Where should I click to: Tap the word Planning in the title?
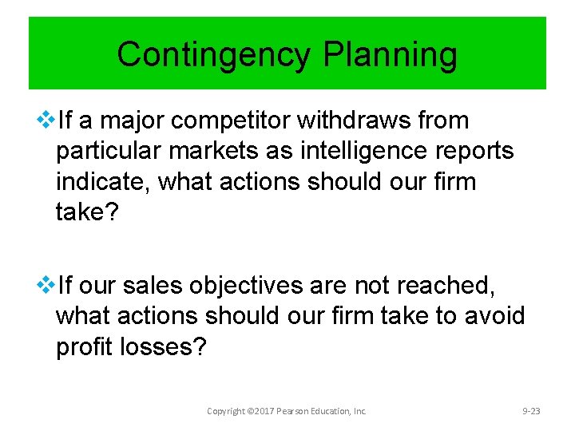coord(391,55)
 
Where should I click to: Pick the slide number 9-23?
coord(531,411)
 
